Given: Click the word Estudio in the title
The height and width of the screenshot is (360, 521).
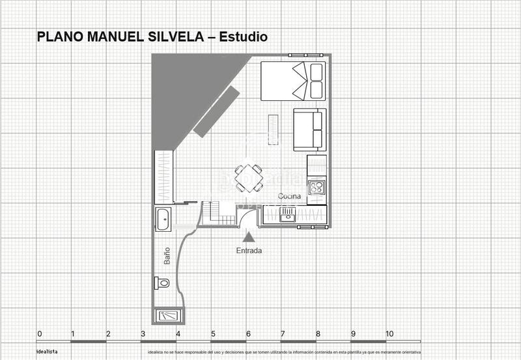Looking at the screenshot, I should tap(244, 37).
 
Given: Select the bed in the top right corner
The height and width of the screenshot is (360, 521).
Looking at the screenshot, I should tap(293, 81).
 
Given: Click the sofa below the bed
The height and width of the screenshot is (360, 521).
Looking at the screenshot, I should tap(309, 130).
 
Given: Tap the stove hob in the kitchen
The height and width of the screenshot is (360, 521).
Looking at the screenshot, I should tap(317, 187).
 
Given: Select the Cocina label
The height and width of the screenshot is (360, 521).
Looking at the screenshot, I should tap(289, 196).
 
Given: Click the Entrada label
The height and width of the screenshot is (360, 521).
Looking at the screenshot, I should tap(249, 250).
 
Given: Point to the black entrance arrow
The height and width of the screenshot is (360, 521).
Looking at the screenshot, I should tap(249, 238).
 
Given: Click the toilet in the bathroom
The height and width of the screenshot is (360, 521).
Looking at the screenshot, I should tap(162, 283).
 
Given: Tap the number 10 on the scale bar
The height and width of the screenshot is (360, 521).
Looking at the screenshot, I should tap(389, 334).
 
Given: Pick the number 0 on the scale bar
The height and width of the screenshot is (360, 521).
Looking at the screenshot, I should tap(40, 334).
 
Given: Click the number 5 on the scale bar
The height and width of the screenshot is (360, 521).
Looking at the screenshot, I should tap(213, 334).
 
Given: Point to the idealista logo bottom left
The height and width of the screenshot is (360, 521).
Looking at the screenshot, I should tap(46, 352).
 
